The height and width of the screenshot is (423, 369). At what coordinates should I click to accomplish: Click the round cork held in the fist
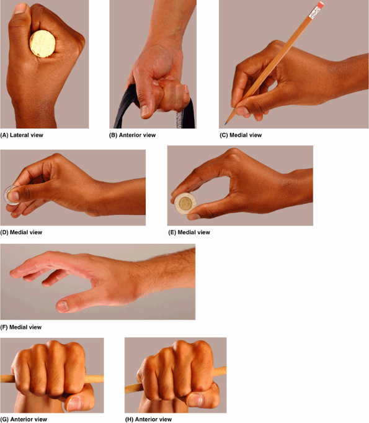coord(43,43)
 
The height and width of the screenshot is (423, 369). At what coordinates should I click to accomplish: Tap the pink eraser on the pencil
coord(320,4)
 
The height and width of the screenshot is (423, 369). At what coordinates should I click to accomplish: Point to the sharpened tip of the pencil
coord(226,124)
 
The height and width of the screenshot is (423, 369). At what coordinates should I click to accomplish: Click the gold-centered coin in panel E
coord(185,203)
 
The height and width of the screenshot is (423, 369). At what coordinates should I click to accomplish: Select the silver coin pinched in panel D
coord(11,195)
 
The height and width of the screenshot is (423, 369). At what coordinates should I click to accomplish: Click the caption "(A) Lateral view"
coord(22,135)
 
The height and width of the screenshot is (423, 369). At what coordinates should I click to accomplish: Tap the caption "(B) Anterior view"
coord(132,135)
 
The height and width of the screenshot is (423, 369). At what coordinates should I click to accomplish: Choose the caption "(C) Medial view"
coord(241,135)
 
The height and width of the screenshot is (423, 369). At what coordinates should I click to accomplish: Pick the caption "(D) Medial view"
coord(21,232)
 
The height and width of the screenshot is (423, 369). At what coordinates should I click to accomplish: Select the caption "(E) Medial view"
coord(189,232)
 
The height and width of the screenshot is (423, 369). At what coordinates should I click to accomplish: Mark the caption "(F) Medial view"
coord(21,327)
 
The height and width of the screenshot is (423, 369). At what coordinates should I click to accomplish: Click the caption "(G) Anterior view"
coord(24,419)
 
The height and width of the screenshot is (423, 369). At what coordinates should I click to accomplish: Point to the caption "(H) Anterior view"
coord(148,419)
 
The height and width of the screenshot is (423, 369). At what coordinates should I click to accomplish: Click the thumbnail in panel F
coord(63,306)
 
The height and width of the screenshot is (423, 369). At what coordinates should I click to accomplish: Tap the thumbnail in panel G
coord(74,403)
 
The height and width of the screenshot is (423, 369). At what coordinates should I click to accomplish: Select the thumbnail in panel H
coord(195,400)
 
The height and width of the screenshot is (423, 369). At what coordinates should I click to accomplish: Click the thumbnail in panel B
coord(144,111)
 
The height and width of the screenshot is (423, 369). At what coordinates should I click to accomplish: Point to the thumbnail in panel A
coord(20,8)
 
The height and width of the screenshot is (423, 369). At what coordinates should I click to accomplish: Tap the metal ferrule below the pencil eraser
coord(314,12)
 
